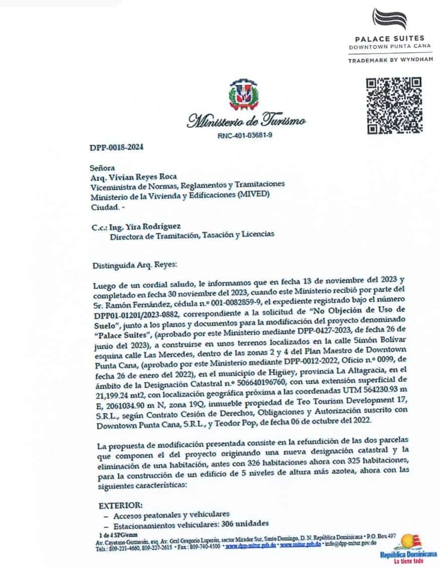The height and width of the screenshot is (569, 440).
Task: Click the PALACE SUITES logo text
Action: tap(389, 38)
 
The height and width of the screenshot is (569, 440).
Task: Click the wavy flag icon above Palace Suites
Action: tap(389, 19)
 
